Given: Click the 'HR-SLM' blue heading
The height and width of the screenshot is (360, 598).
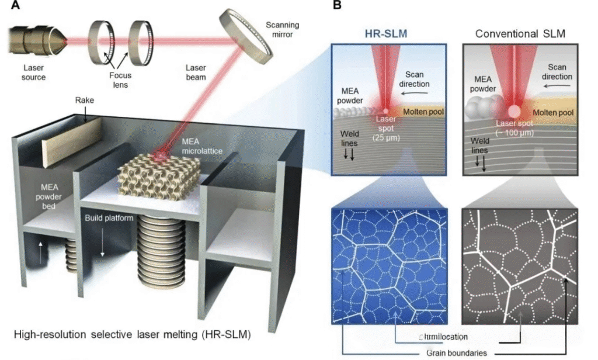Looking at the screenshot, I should coord(384,33).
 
